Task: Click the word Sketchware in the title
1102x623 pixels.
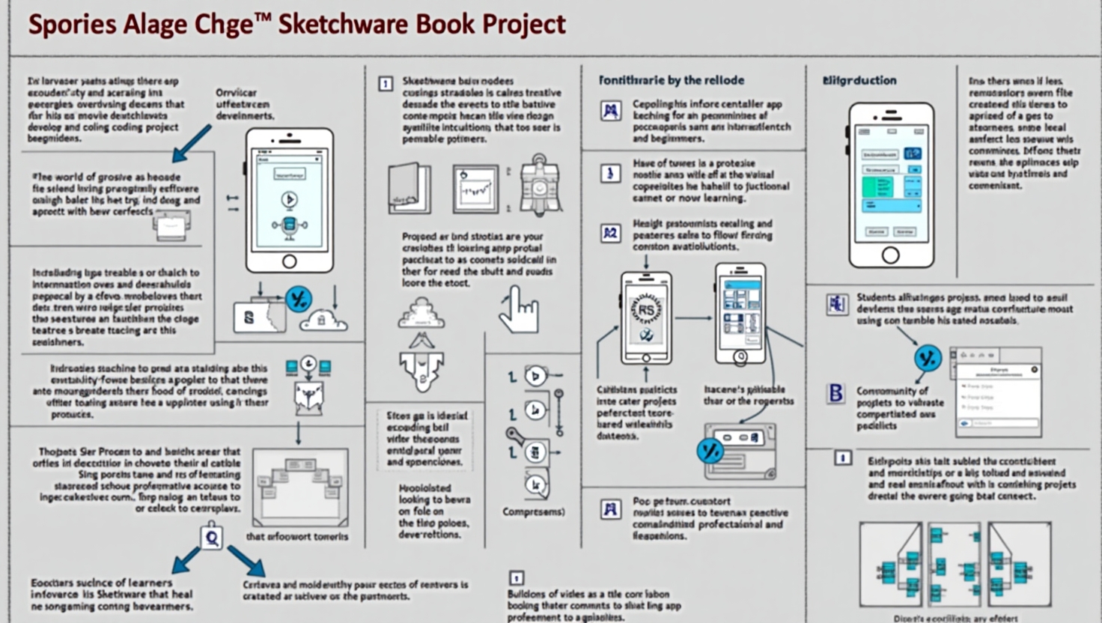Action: coord(341,24)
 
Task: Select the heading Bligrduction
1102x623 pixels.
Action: coord(859,80)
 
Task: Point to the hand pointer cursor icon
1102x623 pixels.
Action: coord(519,309)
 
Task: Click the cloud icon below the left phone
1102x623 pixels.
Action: coord(323,320)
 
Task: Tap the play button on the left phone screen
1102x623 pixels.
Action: coord(289,199)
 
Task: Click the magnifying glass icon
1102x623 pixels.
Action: coord(212,537)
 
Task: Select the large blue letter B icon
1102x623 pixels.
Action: coord(835,393)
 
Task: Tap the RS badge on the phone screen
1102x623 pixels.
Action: coord(645,309)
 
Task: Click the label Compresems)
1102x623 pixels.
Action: coord(534,512)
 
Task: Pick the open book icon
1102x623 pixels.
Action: coord(410,188)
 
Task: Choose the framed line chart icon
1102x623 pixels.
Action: coord(475,188)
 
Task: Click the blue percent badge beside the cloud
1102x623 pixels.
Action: coord(299,300)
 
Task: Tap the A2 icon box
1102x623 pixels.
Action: coord(611,233)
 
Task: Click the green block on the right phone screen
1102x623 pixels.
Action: coord(877,186)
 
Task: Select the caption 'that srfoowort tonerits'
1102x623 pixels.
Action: coord(297,536)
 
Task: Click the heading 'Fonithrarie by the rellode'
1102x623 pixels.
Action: coord(672,80)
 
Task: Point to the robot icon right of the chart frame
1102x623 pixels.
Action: coord(539,185)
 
